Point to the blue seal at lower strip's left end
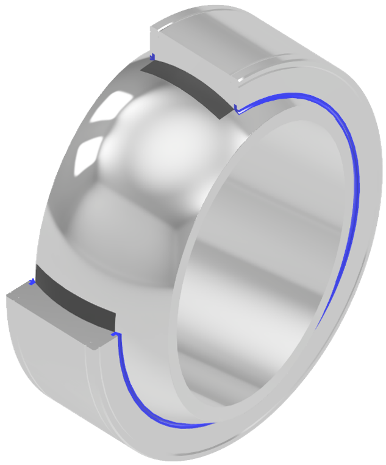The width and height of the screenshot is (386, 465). pyautogui.click(x=31, y=282)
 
